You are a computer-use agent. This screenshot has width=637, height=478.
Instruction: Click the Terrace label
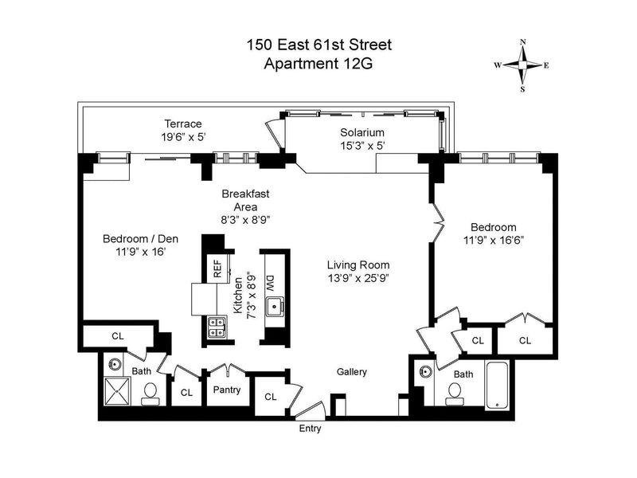[x=183, y=123]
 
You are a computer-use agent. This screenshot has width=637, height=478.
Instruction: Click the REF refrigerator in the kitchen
[x=217, y=268]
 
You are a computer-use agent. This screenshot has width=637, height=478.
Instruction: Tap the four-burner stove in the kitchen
[x=217, y=327]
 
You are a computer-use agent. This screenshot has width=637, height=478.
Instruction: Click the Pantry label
[x=227, y=390]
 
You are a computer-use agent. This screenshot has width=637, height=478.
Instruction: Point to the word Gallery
[x=351, y=372]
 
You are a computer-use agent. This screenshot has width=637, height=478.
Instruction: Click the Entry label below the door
[x=310, y=429]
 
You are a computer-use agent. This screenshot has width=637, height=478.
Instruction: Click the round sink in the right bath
[x=425, y=372]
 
